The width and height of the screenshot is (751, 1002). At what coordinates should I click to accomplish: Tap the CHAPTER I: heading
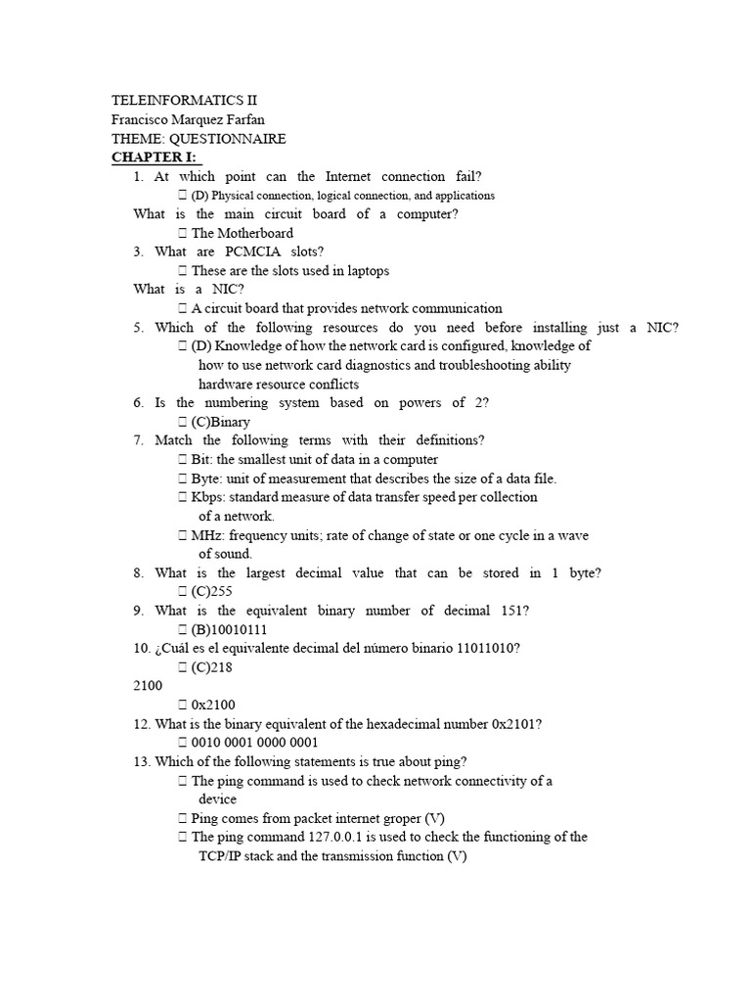(x=155, y=158)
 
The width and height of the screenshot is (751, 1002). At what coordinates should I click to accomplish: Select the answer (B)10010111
(x=233, y=629)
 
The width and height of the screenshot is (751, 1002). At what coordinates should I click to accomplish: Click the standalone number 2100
(x=148, y=686)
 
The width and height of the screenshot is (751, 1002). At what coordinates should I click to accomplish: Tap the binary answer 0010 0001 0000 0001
(x=255, y=743)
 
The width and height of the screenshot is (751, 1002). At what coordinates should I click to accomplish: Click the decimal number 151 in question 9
(x=512, y=611)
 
